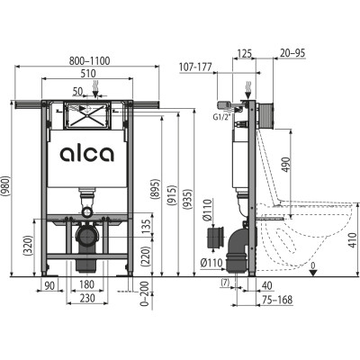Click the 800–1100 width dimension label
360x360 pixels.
pos(89,61)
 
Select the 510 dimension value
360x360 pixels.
pos(88,74)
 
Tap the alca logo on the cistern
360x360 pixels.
pos(87,154)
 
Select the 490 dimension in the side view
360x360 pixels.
pos(286,165)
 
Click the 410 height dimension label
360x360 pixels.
pos(355,239)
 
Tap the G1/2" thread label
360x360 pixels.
pos(223,117)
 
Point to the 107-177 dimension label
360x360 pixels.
pos(195,67)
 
